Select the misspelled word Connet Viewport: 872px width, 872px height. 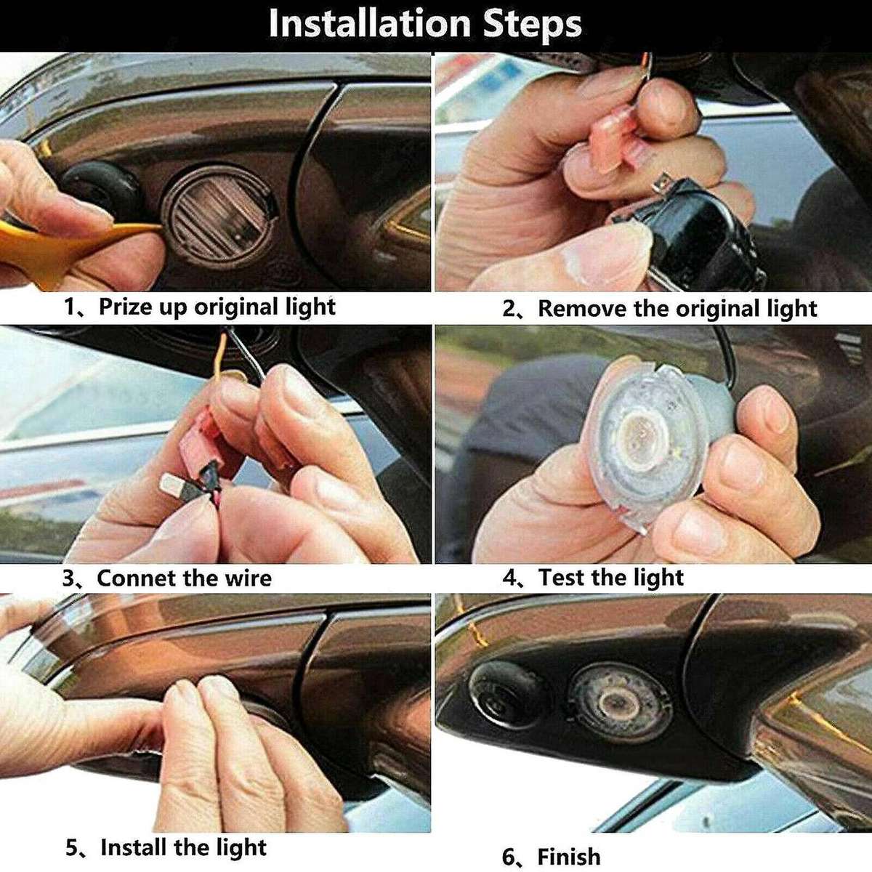137,578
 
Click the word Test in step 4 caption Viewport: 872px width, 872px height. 561,578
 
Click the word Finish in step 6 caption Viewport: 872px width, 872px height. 569,857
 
